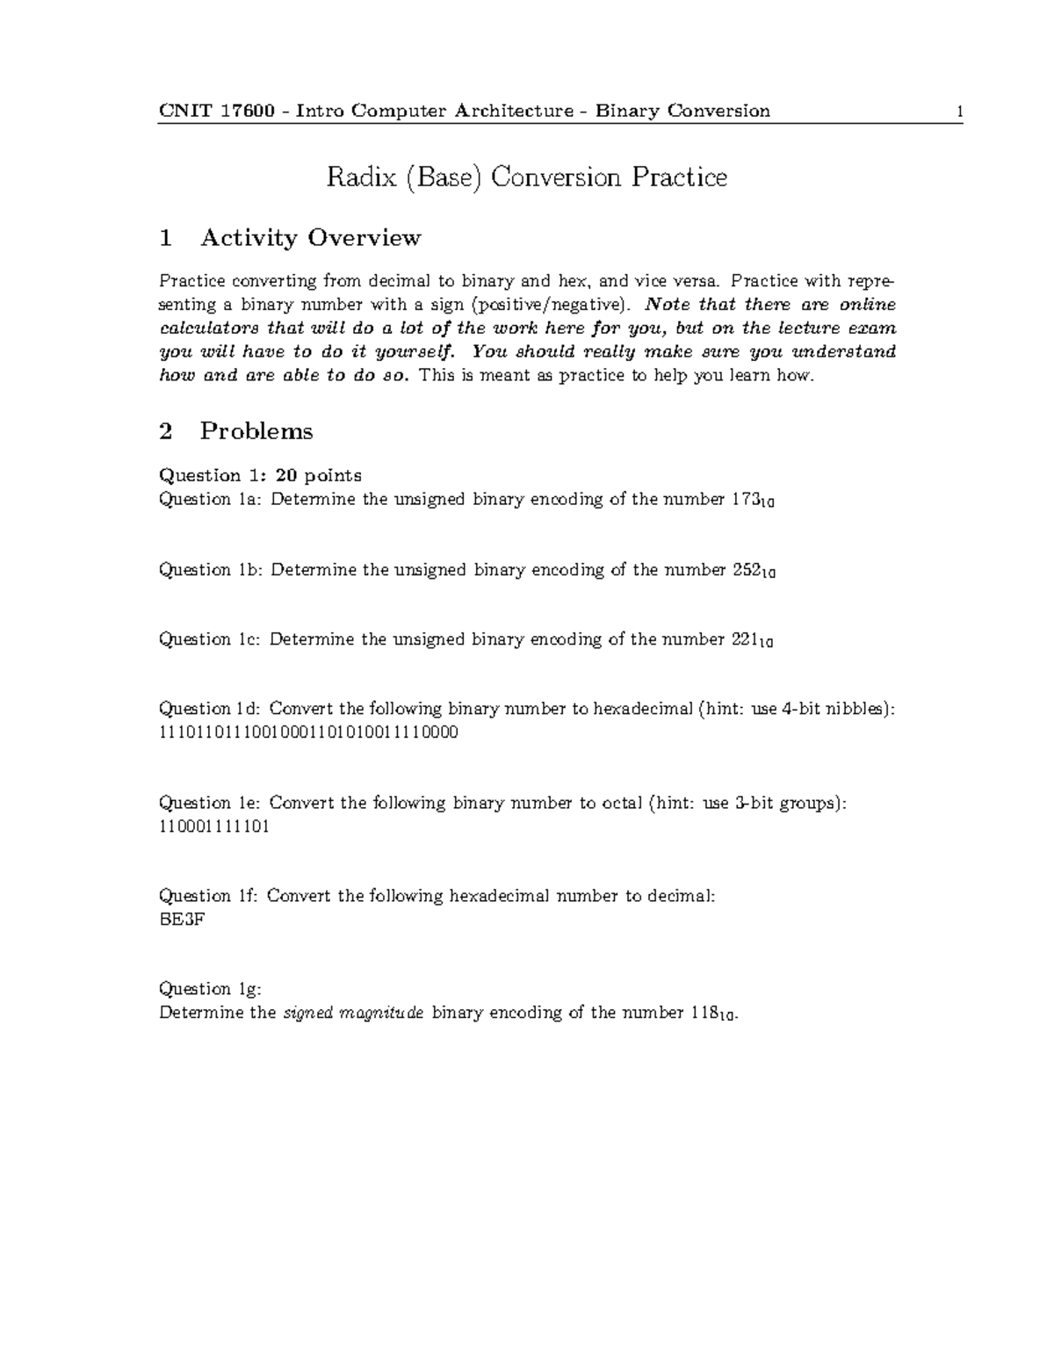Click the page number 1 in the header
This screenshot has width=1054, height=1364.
pyautogui.click(x=960, y=112)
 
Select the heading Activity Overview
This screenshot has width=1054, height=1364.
pyautogui.click(x=310, y=238)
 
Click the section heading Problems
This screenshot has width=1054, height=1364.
pyautogui.click(x=256, y=431)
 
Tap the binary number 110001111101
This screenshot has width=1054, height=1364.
pyautogui.click(x=213, y=826)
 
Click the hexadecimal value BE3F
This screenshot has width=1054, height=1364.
pyautogui.click(x=182, y=920)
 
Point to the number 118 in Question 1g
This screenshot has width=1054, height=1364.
pyautogui.click(x=704, y=1013)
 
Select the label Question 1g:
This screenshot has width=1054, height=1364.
pyautogui.click(x=210, y=989)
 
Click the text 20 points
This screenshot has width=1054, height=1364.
pyautogui.click(x=318, y=475)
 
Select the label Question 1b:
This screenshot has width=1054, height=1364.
pyautogui.click(x=211, y=570)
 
